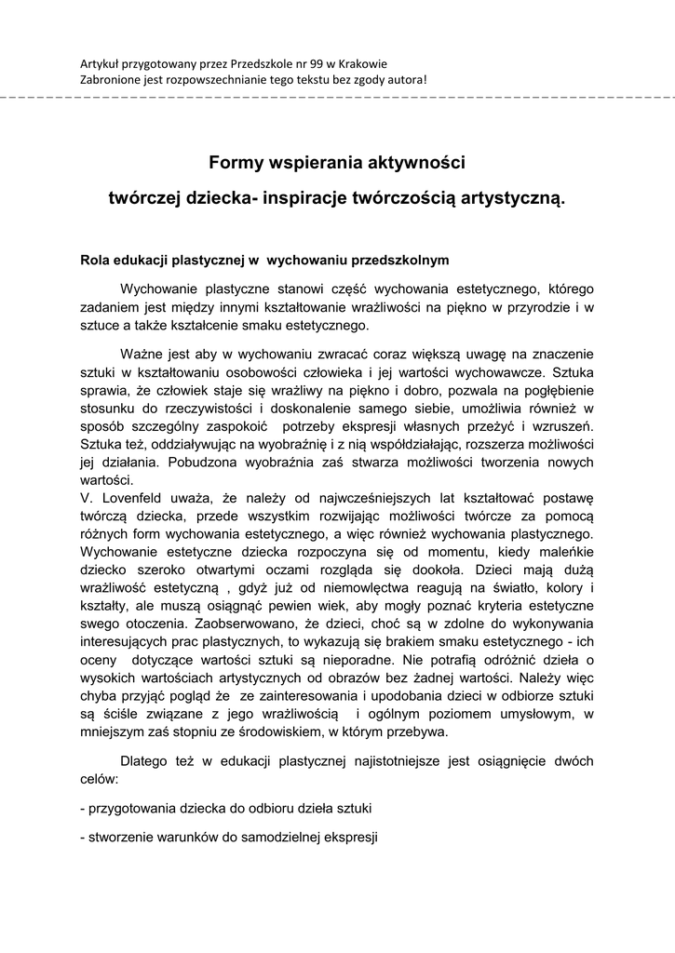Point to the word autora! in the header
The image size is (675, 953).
tap(406, 79)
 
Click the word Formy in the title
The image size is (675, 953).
tap(234, 164)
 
